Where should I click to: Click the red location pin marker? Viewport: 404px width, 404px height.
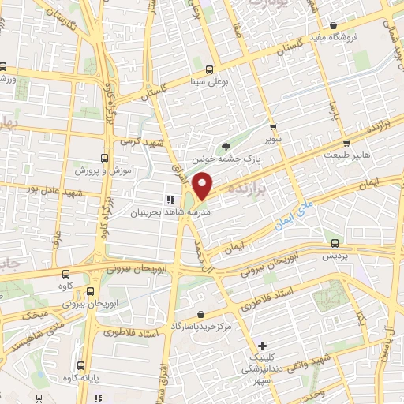tap(204, 185)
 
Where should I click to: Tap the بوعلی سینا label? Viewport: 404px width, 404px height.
tap(208, 80)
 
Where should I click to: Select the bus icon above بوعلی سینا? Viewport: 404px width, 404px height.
tap(209, 68)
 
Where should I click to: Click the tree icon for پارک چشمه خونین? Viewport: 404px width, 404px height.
tap(227, 145)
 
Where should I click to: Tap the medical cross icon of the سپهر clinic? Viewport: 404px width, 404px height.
tap(263, 346)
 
